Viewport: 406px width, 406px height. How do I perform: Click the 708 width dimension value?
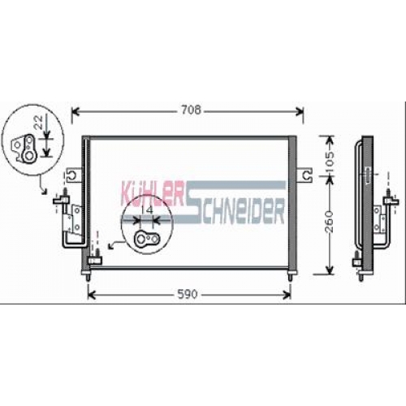point(192,110)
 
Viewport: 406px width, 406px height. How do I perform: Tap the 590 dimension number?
point(188,294)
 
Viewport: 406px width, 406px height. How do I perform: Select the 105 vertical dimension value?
point(330,162)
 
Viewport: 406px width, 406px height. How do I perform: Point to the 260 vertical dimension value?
point(329,222)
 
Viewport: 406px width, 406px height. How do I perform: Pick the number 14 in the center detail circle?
point(147,210)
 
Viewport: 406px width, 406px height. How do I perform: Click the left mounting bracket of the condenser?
point(74,175)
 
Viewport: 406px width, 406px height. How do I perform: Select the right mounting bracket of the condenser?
point(304,175)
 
